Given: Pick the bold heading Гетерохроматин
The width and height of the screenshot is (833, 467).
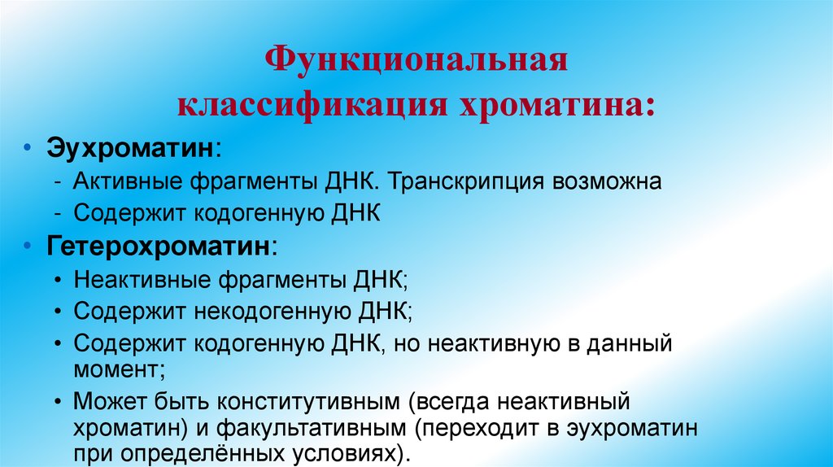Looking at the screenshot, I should point(159,246).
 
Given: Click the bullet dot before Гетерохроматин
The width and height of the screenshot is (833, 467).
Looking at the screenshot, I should point(28,247).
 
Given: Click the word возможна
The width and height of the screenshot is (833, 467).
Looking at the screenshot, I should point(609,181).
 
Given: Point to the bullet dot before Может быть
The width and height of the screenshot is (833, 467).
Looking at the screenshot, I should point(62,402).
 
